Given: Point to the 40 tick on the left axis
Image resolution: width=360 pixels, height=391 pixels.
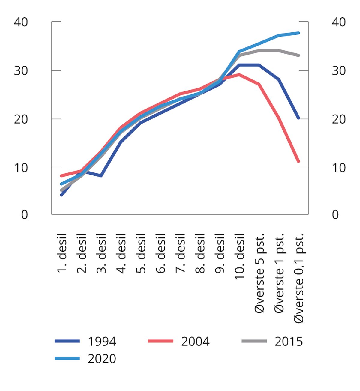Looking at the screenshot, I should (21, 22).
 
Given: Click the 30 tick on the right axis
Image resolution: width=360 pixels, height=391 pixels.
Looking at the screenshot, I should (339, 71).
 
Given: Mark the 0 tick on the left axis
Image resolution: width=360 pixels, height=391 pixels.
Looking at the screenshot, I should (25, 215).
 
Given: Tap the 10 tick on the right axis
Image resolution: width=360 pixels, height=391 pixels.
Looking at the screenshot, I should (339, 167).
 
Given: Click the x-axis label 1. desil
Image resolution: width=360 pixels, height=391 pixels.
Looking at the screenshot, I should (62, 253).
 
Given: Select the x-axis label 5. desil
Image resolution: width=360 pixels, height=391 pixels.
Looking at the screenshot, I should (141, 253).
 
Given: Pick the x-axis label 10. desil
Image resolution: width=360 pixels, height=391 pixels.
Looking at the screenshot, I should (240, 257).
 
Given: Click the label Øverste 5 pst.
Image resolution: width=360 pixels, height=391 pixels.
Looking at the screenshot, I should (260, 273).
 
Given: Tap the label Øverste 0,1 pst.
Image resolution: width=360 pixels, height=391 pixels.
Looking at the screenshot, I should (299, 277).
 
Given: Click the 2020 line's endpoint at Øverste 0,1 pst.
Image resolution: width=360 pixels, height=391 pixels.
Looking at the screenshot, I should (298, 33).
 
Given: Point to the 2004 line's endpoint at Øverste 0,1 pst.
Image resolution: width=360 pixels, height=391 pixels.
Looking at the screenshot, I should (298, 161).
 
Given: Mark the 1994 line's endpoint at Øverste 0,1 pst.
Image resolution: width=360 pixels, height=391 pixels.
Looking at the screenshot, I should (298, 118).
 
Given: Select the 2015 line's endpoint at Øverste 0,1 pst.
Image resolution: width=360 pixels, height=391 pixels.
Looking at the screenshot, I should (298, 55).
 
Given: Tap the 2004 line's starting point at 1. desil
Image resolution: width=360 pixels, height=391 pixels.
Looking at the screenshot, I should (61, 176).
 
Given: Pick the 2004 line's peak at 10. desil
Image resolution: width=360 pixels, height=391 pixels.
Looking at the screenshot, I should (239, 74).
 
